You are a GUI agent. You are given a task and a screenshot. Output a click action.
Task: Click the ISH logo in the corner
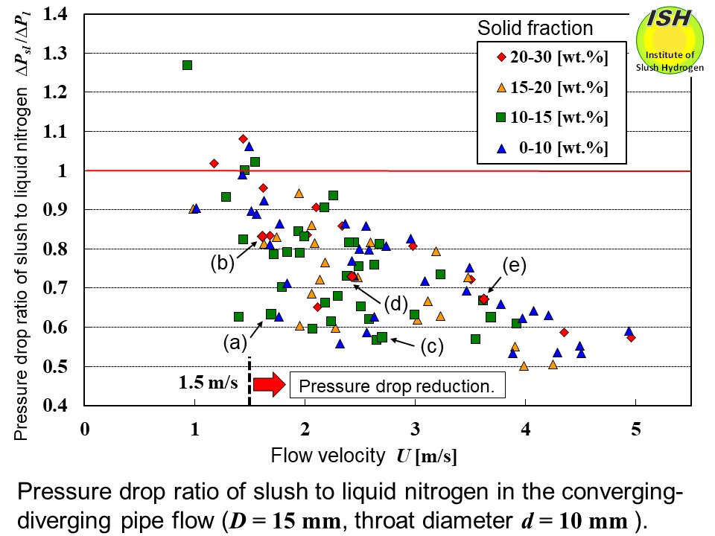tap(670, 41)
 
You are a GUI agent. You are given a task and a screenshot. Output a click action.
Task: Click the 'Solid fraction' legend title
tap(536, 28)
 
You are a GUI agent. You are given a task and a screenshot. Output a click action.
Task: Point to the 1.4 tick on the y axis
tap(63, 13)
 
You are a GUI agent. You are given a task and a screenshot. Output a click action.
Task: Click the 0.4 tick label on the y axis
tap(63, 406)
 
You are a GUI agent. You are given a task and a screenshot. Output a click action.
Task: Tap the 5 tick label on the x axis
tap(635, 430)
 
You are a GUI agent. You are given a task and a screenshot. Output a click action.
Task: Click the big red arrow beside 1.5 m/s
tap(269, 384)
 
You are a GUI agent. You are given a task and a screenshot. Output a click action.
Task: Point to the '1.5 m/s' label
tap(209, 384)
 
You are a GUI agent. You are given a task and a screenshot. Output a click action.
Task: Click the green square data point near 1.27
tap(188, 65)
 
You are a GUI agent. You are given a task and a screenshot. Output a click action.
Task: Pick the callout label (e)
tap(515, 266)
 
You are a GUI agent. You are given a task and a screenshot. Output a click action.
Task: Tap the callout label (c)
tap(430, 346)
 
